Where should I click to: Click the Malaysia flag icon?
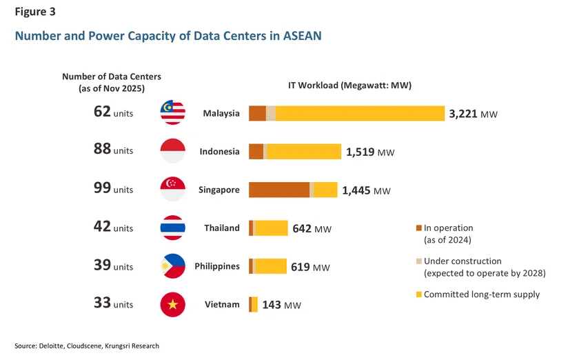click(172, 112)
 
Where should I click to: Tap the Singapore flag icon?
click(172, 190)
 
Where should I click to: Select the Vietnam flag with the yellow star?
click(172, 305)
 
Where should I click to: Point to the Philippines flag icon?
click(172, 266)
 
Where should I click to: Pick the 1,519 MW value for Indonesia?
click(370, 152)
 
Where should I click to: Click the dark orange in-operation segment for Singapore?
click(279, 190)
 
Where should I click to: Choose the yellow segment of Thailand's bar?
click(272, 228)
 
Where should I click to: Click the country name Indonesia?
click(219, 152)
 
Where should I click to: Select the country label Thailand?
click(221, 228)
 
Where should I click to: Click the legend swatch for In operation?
click(418, 228)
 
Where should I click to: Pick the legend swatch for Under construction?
click(418, 261)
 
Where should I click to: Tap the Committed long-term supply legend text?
click(482, 294)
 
